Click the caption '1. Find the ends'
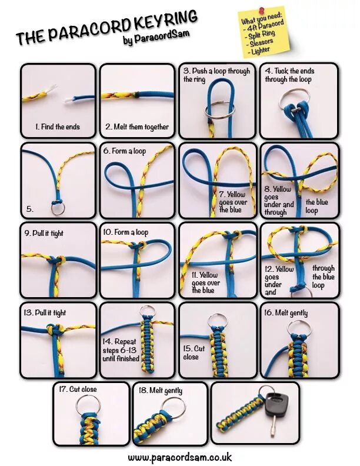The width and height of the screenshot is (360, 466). (x=57, y=127)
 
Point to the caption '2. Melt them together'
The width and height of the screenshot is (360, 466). (x=137, y=127)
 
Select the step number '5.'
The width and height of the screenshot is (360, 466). (x=30, y=208)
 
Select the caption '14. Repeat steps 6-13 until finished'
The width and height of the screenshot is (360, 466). (x=121, y=350)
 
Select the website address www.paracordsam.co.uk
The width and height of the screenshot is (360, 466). (x=179, y=457)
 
